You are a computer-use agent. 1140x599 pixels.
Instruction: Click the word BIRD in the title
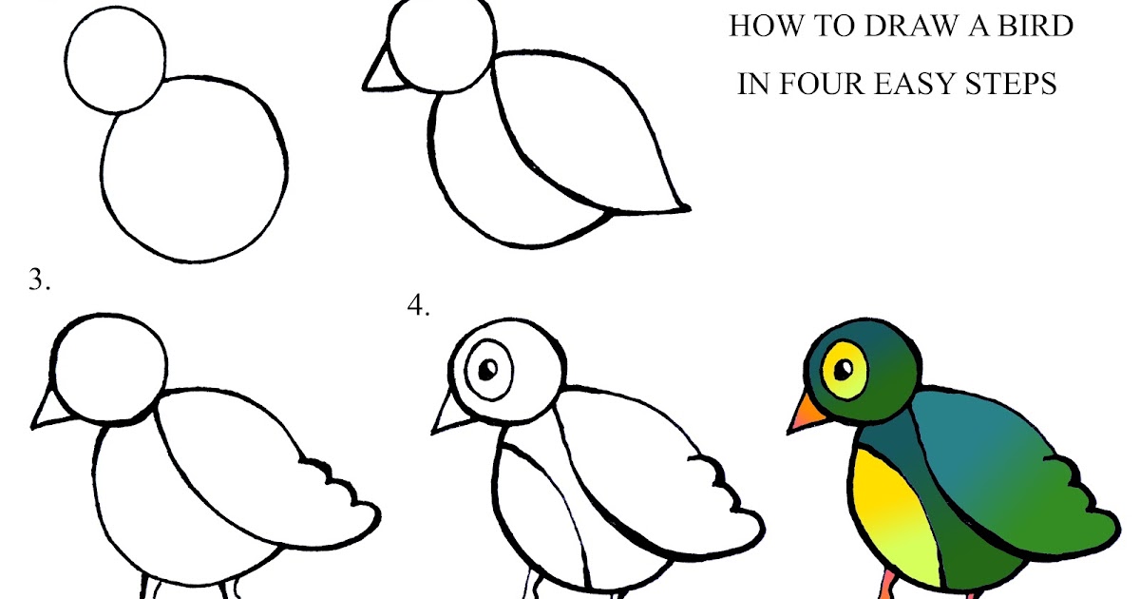pyautogui.click(x=1039, y=27)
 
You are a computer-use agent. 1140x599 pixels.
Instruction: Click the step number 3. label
pyautogui.click(x=39, y=282)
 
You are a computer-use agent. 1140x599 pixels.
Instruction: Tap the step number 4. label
pyautogui.click(x=418, y=306)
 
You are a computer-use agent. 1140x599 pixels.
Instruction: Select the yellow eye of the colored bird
pyautogui.click(x=844, y=370)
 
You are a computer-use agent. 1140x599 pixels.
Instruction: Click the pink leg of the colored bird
pyautogui.click(x=887, y=583)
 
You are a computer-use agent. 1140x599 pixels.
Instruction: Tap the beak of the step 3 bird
pyautogui.click(x=47, y=408)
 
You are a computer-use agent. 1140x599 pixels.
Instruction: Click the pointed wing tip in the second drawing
pyautogui.click(x=682, y=205)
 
